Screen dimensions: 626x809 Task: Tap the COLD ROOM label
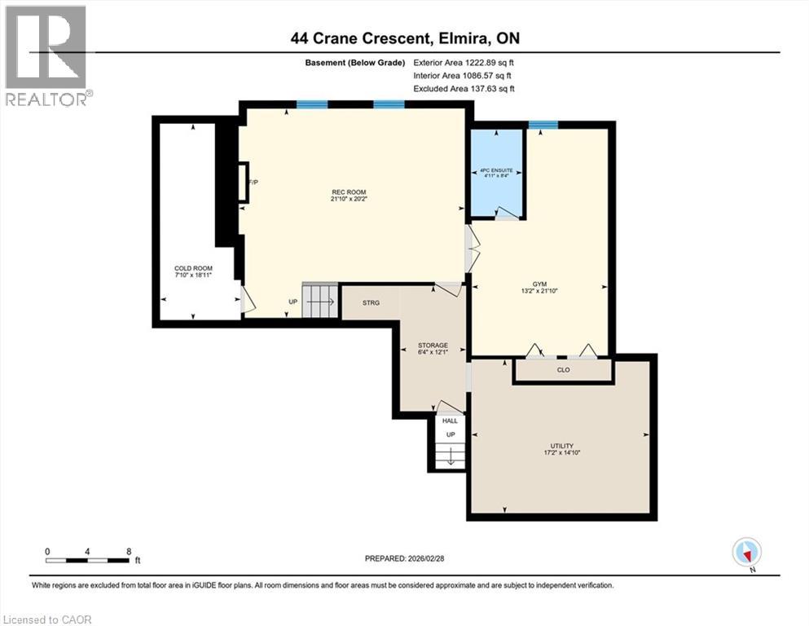click(x=193, y=271)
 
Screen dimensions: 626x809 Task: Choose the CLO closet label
click(x=562, y=369)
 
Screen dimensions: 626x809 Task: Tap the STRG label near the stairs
click(x=371, y=302)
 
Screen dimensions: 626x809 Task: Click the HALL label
click(x=450, y=421)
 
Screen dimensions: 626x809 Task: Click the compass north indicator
click(x=746, y=553)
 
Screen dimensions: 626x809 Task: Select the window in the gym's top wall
click(x=542, y=125)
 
